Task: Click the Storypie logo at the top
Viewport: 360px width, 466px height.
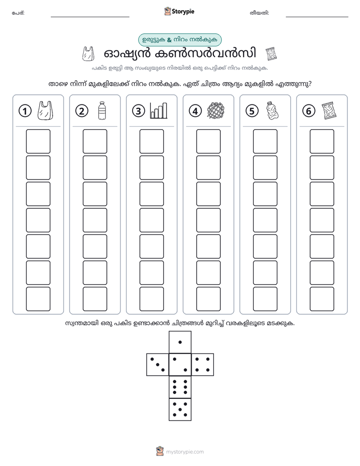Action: tap(179, 11)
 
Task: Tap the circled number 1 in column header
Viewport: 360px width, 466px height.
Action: tap(25, 111)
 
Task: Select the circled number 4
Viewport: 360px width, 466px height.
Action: tap(195, 111)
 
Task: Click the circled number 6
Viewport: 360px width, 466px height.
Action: tap(309, 111)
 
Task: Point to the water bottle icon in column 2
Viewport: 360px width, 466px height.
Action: tap(102, 110)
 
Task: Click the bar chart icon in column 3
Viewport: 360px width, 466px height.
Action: tap(159, 110)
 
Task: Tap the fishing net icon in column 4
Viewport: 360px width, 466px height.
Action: tap(216, 111)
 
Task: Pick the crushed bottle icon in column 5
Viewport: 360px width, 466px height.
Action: tap(272, 110)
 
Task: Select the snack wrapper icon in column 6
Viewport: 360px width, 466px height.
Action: tap(329, 110)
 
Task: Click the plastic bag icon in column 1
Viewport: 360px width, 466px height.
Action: tap(45, 110)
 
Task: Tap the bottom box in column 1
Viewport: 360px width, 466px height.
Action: tap(38, 299)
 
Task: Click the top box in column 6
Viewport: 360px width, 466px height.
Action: tap(322, 141)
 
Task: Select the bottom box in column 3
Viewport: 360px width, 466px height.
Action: tap(151, 299)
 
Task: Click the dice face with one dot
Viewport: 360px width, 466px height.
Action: tap(180, 342)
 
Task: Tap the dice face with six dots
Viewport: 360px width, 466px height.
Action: tap(180, 387)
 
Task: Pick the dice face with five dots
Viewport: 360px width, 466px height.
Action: tap(180, 409)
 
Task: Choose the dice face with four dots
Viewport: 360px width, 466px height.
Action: tap(203, 364)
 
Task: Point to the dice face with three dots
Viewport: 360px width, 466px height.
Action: tap(158, 364)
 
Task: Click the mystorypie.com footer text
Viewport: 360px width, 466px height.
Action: tap(185, 452)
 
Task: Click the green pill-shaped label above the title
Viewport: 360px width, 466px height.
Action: tap(180, 40)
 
